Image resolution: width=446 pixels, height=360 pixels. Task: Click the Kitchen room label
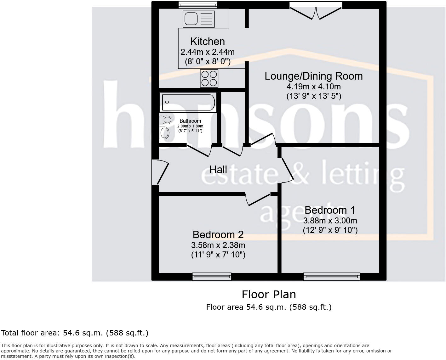pos(207,42)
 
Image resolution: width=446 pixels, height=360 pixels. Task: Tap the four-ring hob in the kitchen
pos(209,78)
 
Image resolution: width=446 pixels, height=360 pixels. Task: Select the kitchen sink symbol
pos(198,19)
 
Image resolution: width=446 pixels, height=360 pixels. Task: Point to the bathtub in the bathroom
pos(188,102)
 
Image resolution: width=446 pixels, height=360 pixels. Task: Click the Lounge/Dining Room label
pos(313,76)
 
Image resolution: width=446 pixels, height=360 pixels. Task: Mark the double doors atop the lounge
pos(316,11)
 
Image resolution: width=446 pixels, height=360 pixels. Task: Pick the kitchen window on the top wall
pos(197,4)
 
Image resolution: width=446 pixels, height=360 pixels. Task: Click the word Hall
pos(218,170)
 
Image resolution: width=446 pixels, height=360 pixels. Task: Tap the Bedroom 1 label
pos(330,210)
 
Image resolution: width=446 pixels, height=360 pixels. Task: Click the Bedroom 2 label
pos(218,235)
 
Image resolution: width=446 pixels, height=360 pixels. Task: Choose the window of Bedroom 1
pos(332,277)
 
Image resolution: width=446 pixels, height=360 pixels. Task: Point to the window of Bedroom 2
pos(212,277)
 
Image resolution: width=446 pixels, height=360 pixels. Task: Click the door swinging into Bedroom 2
pos(258,200)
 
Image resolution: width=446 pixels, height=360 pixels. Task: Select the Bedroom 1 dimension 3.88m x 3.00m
pos(330,221)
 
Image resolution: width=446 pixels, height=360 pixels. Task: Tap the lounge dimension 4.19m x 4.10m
pos(313,87)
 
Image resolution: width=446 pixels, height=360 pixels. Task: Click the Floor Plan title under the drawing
pos(269,295)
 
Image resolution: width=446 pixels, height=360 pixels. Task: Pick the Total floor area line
pos(75,333)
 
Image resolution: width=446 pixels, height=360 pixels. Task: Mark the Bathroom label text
pos(190,121)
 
